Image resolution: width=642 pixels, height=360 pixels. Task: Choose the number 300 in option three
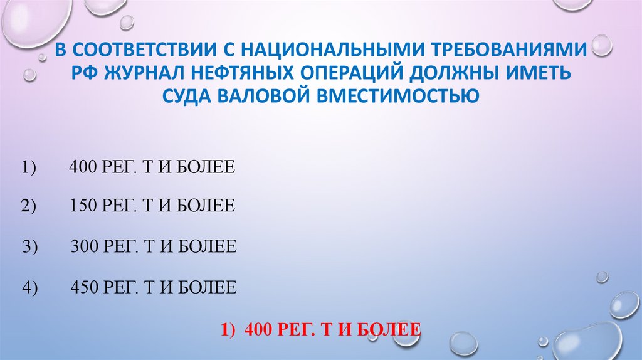(x=83, y=247)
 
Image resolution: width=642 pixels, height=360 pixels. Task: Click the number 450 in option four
(x=83, y=288)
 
